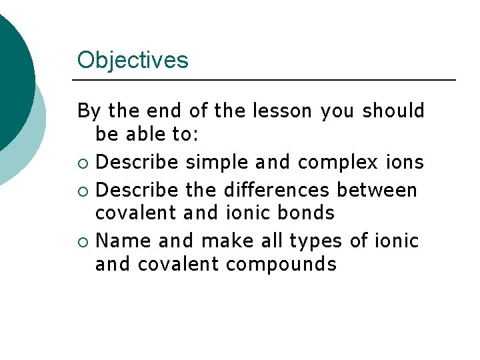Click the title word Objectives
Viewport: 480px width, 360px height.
click(133, 61)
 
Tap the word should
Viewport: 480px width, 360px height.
click(393, 111)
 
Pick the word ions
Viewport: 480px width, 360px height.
click(406, 163)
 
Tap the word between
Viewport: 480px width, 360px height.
click(377, 190)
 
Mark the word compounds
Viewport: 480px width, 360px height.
click(281, 265)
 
